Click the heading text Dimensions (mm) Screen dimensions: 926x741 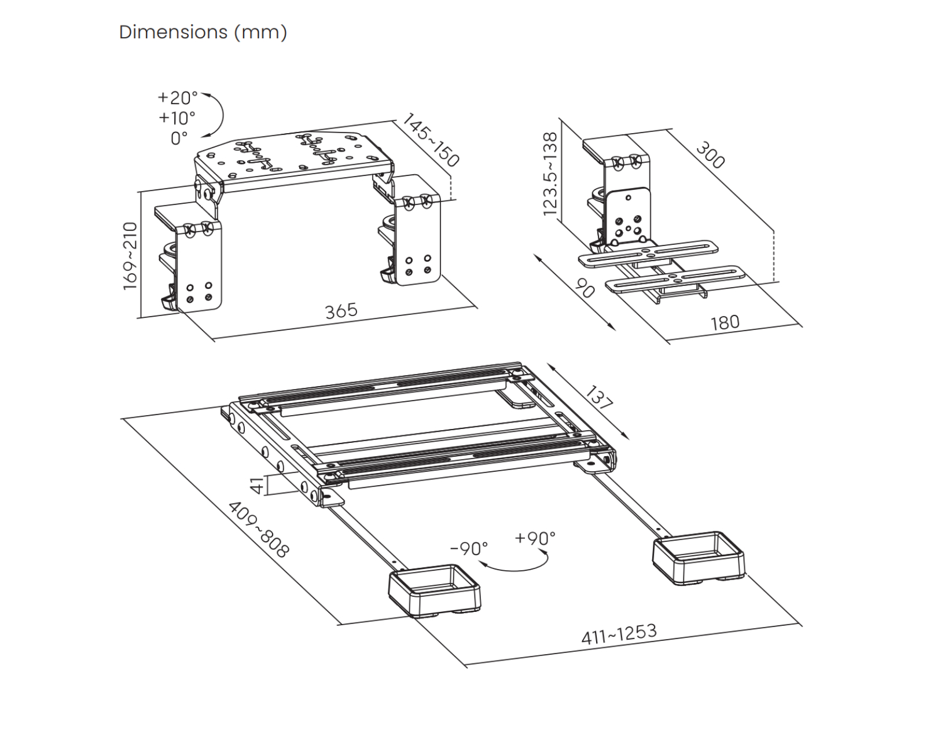click(x=203, y=32)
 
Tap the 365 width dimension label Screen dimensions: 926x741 click(x=341, y=311)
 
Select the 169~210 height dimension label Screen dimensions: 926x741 click(x=130, y=256)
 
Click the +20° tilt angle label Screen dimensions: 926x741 click(x=178, y=98)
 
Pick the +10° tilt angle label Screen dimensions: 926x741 click(x=177, y=118)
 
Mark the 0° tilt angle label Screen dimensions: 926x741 click(x=179, y=138)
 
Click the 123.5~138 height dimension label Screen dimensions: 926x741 click(x=550, y=174)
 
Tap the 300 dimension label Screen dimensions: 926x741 click(x=711, y=155)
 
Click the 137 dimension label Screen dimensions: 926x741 click(x=599, y=398)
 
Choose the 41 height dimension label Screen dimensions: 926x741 click(x=258, y=485)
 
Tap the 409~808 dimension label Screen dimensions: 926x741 click(x=259, y=530)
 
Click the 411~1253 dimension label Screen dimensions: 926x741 click(x=619, y=634)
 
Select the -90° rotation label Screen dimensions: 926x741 click(x=469, y=549)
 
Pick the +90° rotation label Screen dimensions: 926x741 click(x=535, y=538)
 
